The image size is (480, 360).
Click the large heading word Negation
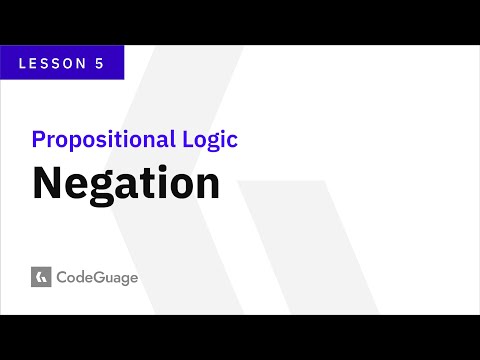[126, 184]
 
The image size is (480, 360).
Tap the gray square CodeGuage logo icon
[41, 276]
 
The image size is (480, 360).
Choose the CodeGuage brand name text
[97, 276]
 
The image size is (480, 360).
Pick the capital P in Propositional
[38, 139]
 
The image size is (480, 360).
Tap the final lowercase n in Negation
[207, 186]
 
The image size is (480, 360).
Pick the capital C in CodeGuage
[64, 276]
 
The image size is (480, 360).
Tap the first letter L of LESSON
[24, 62]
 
